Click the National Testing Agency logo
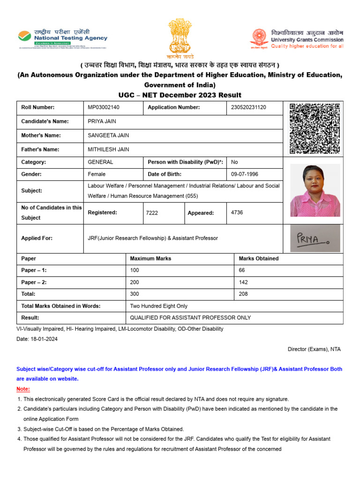click(63, 37)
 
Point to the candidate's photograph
click(315, 190)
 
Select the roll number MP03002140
click(104, 107)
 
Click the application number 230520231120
click(248, 107)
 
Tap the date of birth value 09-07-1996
click(245, 174)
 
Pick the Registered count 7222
click(152, 213)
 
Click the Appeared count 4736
click(237, 212)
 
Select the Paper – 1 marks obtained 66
click(242, 270)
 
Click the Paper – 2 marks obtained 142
click(243, 283)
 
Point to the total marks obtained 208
click(243, 294)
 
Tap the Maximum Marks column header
click(150, 258)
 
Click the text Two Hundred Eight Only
click(158, 306)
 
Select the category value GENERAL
click(100, 162)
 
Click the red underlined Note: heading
click(23, 389)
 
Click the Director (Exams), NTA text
click(314, 349)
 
